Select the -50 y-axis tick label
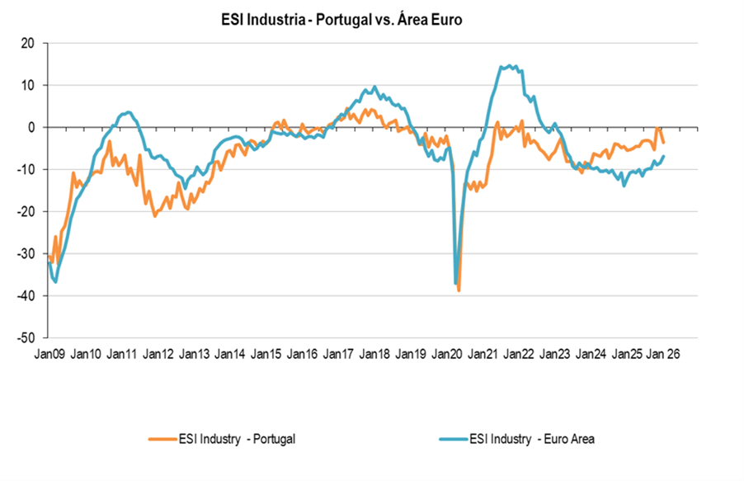tap(28, 337)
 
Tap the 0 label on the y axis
tap(34, 127)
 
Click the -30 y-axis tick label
tap(28, 253)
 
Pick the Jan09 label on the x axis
tap(49, 354)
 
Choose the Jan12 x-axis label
tap(158, 354)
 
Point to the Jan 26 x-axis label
tap(665, 354)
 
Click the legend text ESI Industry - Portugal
tap(237, 439)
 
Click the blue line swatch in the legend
tap(460, 439)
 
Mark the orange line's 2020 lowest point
tap(459, 290)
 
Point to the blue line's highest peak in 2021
tap(511, 65)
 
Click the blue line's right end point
tap(664, 157)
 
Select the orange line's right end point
tap(664, 143)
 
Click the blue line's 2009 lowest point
tap(55, 282)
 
